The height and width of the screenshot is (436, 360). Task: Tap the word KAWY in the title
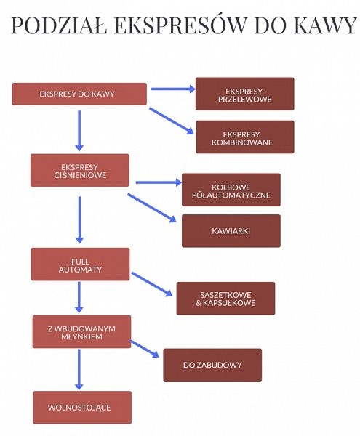pyautogui.click(x=325, y=25)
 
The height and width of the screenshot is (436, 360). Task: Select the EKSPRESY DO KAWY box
pyautogui.click(x=79, y=94)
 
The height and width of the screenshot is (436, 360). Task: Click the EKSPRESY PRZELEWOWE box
pyautogui.click(x=245, y=94)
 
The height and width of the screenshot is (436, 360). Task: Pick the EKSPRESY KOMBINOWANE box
pyautogui.click(x=245, y=137)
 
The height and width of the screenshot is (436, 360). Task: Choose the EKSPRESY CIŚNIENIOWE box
pyautogui.click(x=80, y=170)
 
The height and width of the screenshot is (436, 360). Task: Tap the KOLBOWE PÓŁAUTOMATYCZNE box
pyautogui.click(x=231, y=190)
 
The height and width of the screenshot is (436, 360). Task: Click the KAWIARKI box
pyautogui.click(x=231, y=231)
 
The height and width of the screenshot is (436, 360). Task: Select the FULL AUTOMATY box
pyautogui.click(x=81, y=265)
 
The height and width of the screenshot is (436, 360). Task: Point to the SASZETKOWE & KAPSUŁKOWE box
pyautogui.click(x=225, y=299)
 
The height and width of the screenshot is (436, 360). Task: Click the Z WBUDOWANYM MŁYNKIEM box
pyautogui.click(x=81, y=332)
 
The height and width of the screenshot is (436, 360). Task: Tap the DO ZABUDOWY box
pyautogui.click(x=212, y=365)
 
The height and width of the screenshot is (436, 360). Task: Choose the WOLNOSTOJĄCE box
pyautogui.click(x=82, y=408)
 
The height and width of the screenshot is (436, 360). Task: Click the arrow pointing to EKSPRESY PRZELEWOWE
pyautogui.click(x=173, y=89)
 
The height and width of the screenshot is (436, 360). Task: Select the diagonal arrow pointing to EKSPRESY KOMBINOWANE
pyautogui.click(x=172, y=121)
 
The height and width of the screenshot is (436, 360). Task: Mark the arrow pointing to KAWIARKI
pyautogui.click(x=152, y=208)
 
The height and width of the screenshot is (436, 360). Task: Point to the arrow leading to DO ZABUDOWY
pyautogui.click(x=145, y=349)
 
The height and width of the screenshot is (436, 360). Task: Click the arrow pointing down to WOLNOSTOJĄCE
pyautogui.click(x=79, y=370)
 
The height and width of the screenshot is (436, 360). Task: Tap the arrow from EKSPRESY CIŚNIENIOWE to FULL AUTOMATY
pyautogui.click(x=79, y=220)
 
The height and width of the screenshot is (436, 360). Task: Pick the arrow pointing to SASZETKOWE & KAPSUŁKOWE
pyautogui.click(x=152, y=284)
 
